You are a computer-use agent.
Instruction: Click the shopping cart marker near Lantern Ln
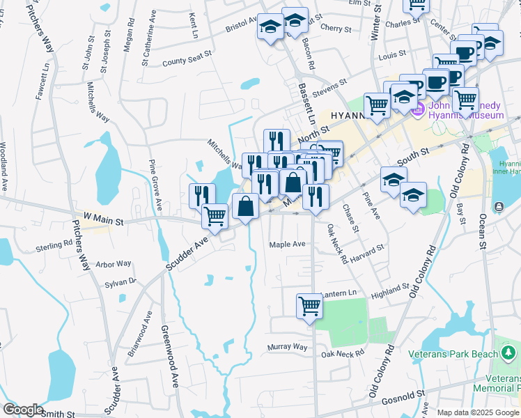pyautogui.click(x=309, y=305)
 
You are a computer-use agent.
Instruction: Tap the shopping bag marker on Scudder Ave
pyautogui.click(x=245, y=206)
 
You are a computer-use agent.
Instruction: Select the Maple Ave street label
pyautogui.click(x=288, y=245)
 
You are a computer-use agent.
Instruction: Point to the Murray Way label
pyautogui.click(x=287, y=346)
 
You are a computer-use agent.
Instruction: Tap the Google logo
pyautogui.click(x=22, y=410)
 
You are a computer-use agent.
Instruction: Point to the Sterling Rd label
pyautogui.click(x=54, y=246)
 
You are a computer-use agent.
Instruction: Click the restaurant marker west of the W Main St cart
pyautogui.click(x=202, y=194)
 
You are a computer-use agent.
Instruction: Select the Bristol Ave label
pyautogui.click(x=241, y=26)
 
